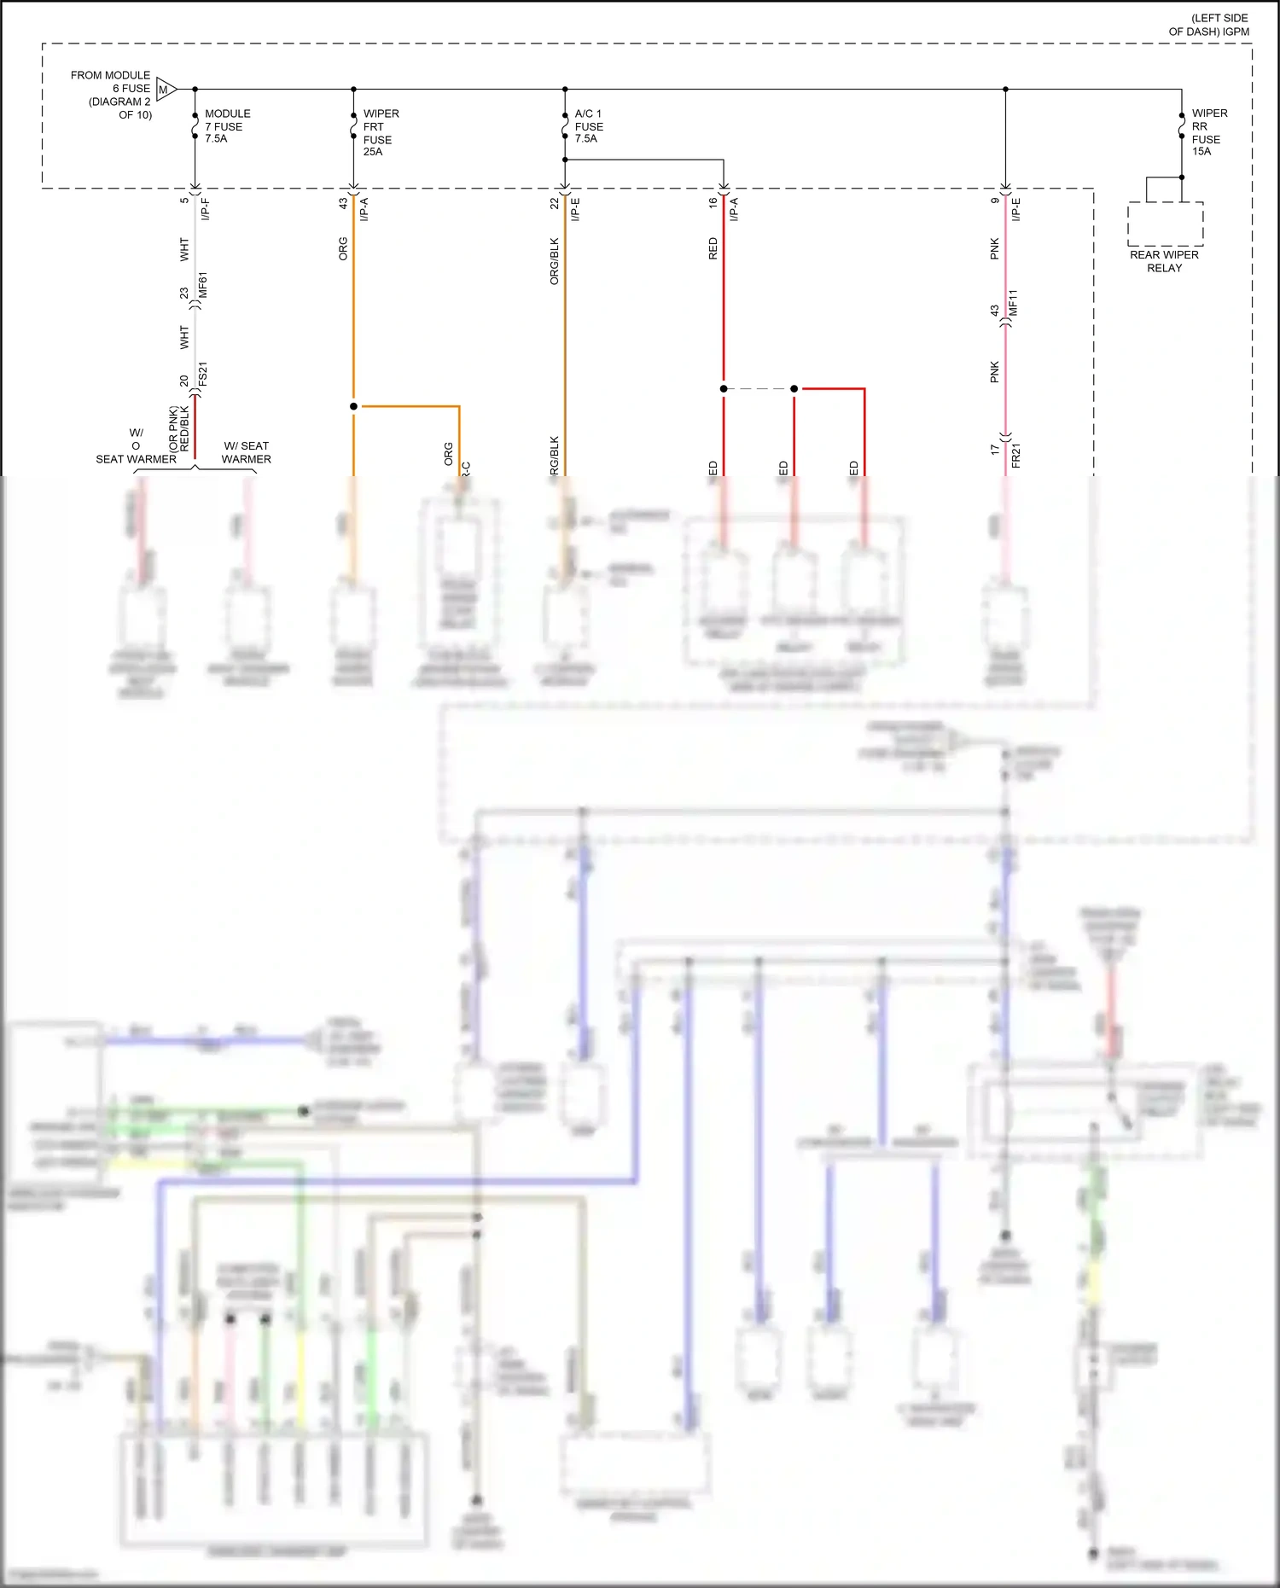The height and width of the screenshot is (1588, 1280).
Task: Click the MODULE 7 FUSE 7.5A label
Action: (227, 125)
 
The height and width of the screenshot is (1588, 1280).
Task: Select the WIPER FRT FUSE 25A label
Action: (381, 132)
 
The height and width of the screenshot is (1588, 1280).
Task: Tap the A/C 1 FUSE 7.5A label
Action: (589, 125)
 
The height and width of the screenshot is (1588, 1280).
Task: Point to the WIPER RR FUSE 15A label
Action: (1209, 132)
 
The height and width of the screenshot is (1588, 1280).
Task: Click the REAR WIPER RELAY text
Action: (1164, 261)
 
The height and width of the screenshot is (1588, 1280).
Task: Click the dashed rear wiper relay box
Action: (1165, 224)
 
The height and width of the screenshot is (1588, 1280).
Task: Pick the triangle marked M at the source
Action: (165, 89)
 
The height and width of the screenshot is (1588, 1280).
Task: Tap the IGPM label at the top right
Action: (1235, 32)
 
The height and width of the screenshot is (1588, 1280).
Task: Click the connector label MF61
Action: (203, 285)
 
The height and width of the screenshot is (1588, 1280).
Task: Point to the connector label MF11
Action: (1014, 303)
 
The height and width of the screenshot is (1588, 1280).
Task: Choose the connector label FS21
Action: (203, 375)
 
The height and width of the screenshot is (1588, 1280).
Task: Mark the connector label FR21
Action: (1015, 455)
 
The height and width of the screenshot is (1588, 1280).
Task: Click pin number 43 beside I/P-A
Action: (343, 203)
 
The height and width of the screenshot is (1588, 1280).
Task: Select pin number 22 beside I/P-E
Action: (554, 203)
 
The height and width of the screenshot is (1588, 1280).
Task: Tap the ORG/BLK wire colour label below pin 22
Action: (554, 261)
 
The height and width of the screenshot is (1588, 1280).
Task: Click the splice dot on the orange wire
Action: (353, 406)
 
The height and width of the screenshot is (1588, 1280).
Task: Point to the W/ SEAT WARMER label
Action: (246, 452)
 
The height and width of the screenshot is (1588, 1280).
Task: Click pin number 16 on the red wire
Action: (713, 203)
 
